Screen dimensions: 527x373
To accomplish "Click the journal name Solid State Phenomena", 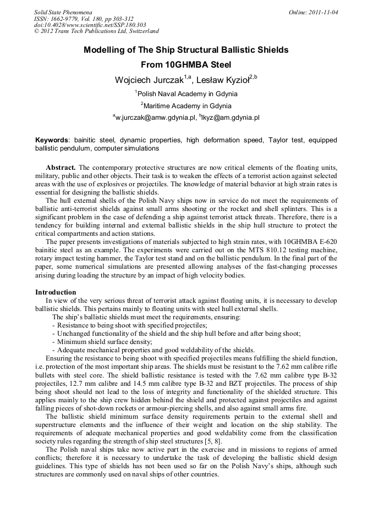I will coord(63,12).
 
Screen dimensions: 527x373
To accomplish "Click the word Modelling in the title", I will coord(105,50).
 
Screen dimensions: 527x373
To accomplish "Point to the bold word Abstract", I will coord(61,167).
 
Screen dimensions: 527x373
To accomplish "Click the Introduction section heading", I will coord(56,292).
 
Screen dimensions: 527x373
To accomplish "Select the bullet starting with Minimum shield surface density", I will coord(105,342).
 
